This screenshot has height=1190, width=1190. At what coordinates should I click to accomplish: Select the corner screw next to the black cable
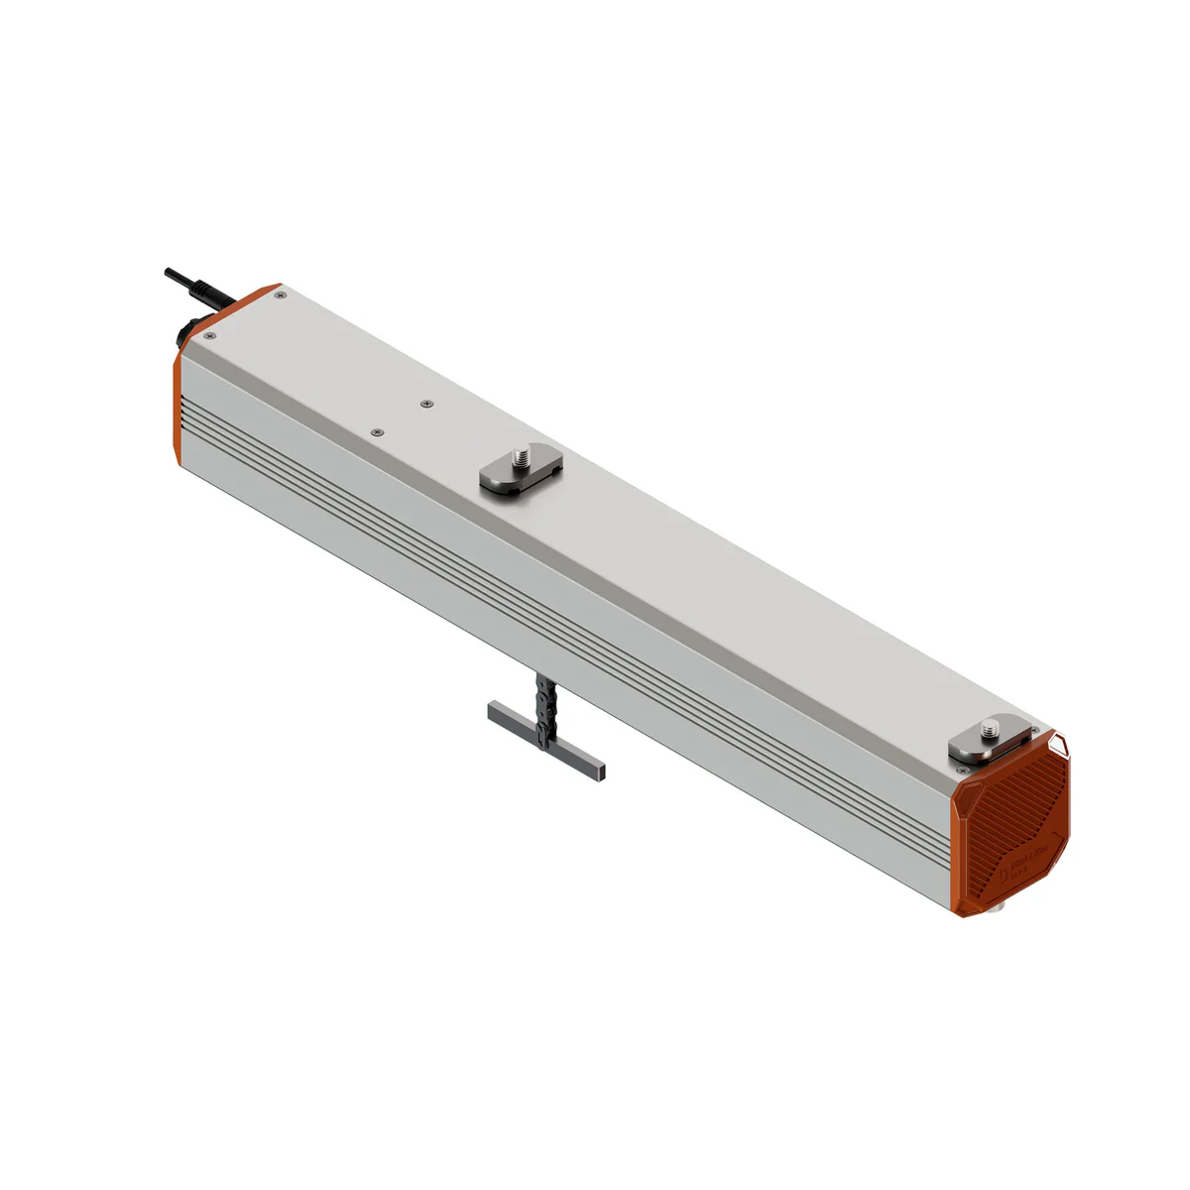[x=282, y=295]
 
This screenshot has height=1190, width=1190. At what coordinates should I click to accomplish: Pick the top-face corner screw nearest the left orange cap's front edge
[x=208, y=337]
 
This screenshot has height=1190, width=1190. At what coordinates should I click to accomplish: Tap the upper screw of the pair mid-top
[x=425, y=404]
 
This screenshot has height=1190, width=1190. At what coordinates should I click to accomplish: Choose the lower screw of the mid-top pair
[x=376, y=432]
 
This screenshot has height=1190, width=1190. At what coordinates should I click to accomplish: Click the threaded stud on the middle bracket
[x=519, y=457]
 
